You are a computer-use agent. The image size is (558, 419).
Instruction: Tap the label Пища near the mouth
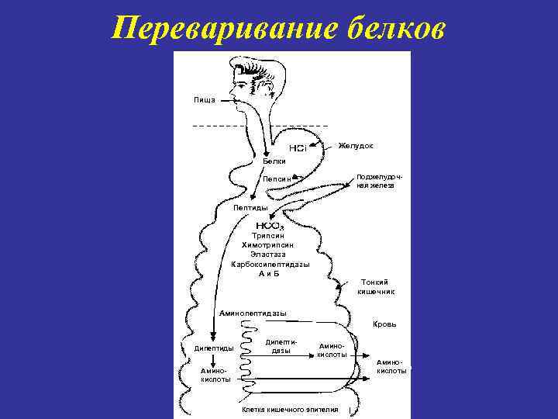coord(205,100)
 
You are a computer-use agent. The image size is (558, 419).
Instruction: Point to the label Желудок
coord(356,146)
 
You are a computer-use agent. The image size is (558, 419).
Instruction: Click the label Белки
coord(274,161)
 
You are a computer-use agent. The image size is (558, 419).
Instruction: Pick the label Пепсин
coord(277,179)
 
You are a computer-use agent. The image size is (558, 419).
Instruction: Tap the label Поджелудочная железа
coord(376,181)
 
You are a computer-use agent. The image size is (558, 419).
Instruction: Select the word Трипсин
coord(268,235)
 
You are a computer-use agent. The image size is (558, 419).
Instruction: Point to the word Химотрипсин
coord(268,244)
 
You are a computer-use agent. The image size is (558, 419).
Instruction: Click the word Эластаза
coord(268,254)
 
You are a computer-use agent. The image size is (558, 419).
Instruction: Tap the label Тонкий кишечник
coord(376,286)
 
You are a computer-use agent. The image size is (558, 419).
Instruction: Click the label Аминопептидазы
coord(253,313)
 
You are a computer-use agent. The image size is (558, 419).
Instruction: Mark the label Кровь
coord(384,324)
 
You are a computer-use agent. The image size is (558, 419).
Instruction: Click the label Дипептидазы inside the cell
coord(280,346)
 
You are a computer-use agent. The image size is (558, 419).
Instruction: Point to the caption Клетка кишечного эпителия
coord(290,409)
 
